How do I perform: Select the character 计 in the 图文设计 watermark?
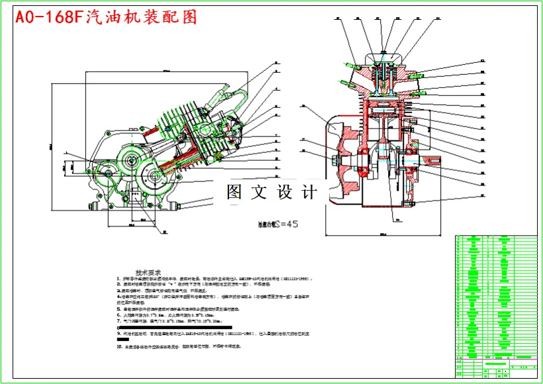(x=309, y=193)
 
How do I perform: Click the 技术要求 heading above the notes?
(x=149, y=272)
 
